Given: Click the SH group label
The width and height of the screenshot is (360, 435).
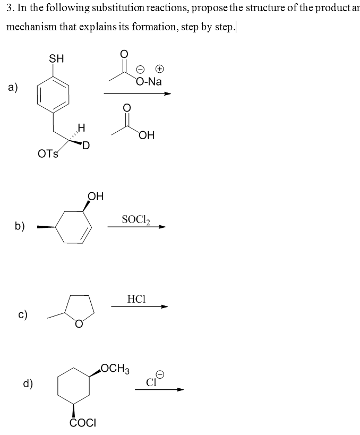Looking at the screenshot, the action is click(x=56, y=58).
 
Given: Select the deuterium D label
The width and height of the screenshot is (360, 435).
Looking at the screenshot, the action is click(x=85, y=145).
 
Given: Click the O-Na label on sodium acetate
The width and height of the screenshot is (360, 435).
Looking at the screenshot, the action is click(x=149, y=81).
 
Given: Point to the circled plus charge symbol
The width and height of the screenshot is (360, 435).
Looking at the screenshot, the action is click(x=158, y=69).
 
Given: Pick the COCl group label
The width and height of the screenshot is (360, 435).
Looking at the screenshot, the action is click(x=82, y=423).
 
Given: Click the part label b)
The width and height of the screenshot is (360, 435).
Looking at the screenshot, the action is click(x=20, y=226).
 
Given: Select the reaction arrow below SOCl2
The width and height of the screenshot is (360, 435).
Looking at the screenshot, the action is click(x=136, y=227).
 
